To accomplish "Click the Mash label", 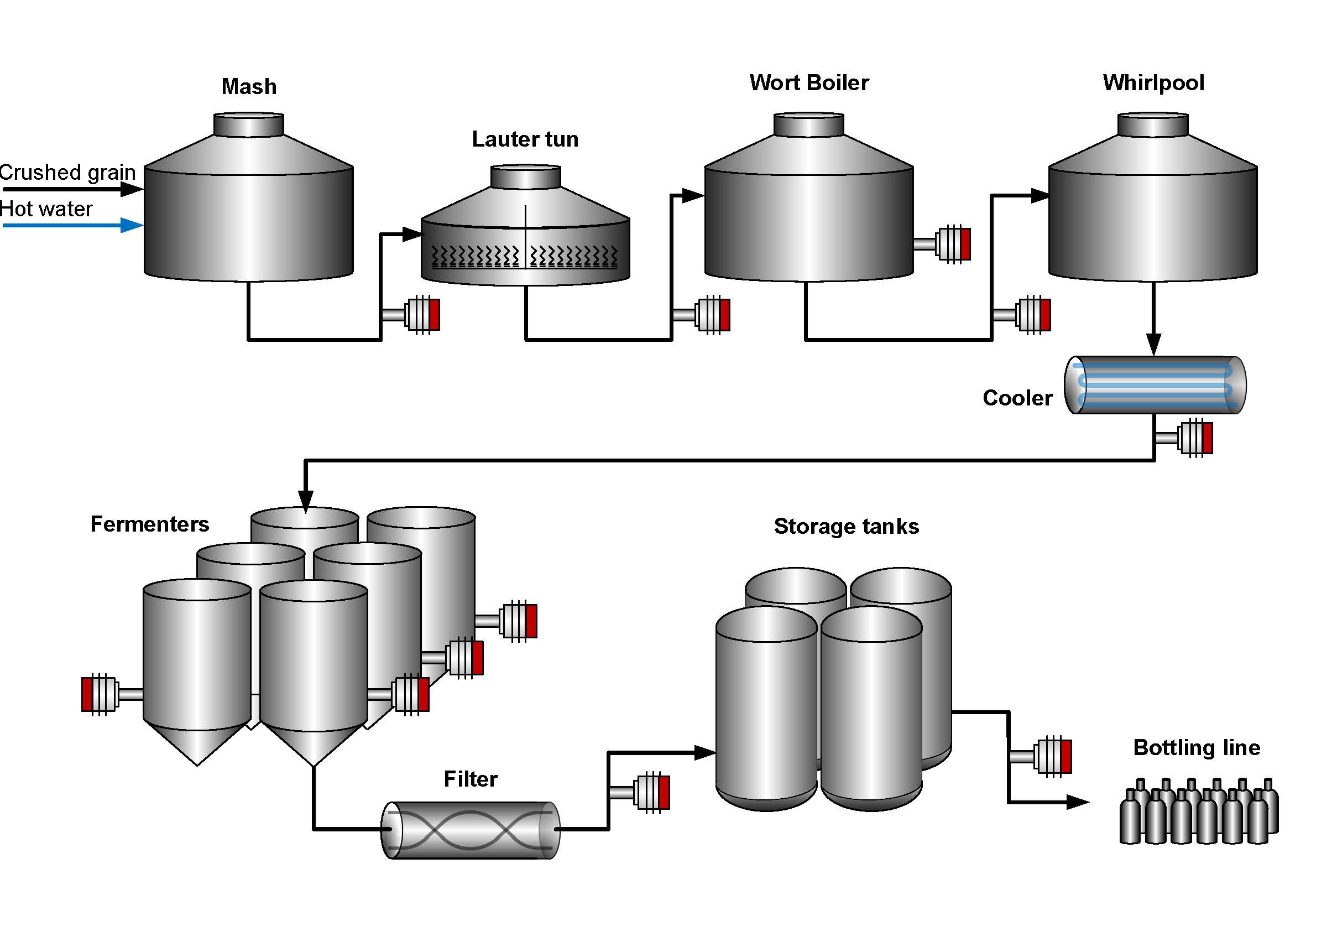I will [249, 86].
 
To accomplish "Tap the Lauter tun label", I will [525, 139].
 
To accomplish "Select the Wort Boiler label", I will [808, 82].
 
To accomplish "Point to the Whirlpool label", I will [1152, 82].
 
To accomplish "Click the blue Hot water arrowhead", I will [132, 225].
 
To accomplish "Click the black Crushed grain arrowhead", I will [132, 189].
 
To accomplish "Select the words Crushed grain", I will [67, 172].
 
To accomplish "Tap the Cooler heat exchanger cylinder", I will [1154, 385].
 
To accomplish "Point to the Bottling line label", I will [1196, 747].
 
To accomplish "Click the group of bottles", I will [1198, 811].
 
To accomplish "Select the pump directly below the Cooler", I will [1193, 438].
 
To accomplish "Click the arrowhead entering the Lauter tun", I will [411, 235].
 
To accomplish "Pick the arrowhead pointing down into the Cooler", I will [1153, 344].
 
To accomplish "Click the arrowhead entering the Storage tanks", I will [705, 753].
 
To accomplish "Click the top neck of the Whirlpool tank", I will [1152, 125].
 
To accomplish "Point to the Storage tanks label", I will [846, 526].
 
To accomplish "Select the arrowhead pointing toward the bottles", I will [1077, 803].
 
